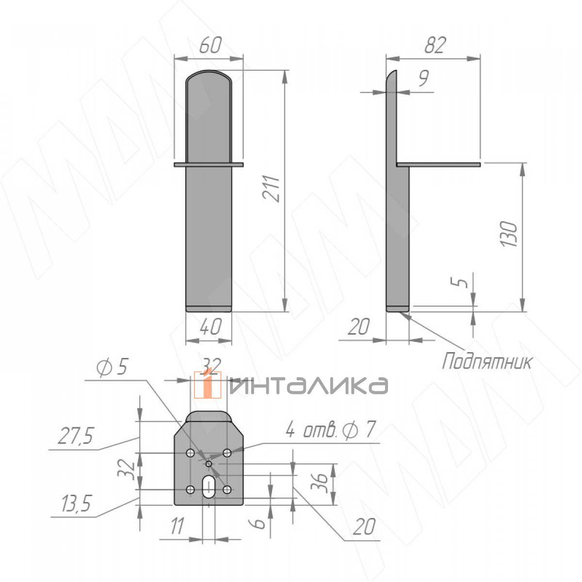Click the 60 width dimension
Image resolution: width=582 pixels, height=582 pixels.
(210, 45)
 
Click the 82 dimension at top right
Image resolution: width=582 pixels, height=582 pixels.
(435, 46)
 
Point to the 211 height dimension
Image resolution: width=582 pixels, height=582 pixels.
(271, 188)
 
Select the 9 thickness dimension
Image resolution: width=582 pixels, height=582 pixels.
(424, 79)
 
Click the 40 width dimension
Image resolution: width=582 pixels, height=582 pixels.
(210, 327)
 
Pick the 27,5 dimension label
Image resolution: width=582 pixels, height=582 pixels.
(76, 436)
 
